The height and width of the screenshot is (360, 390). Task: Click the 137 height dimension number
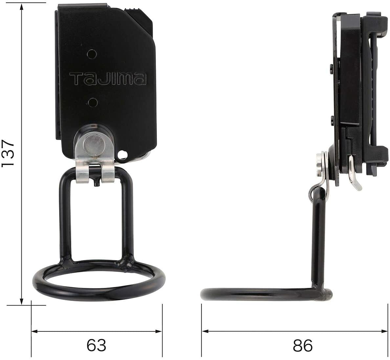[8, 154]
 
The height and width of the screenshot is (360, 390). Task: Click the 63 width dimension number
[97, 345]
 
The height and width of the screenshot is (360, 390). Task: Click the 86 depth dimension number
[303, 345]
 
